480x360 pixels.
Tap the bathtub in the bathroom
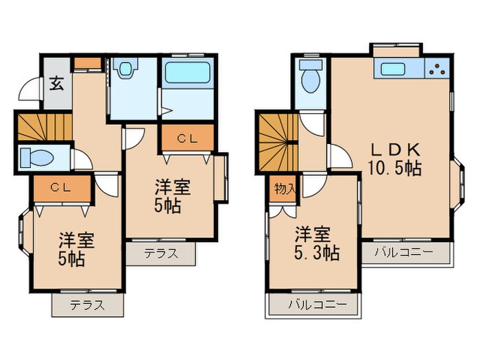[x=187, y=72]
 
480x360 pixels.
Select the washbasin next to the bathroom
[x=126, y=69]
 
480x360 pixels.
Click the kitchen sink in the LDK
[x=394, y=69]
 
